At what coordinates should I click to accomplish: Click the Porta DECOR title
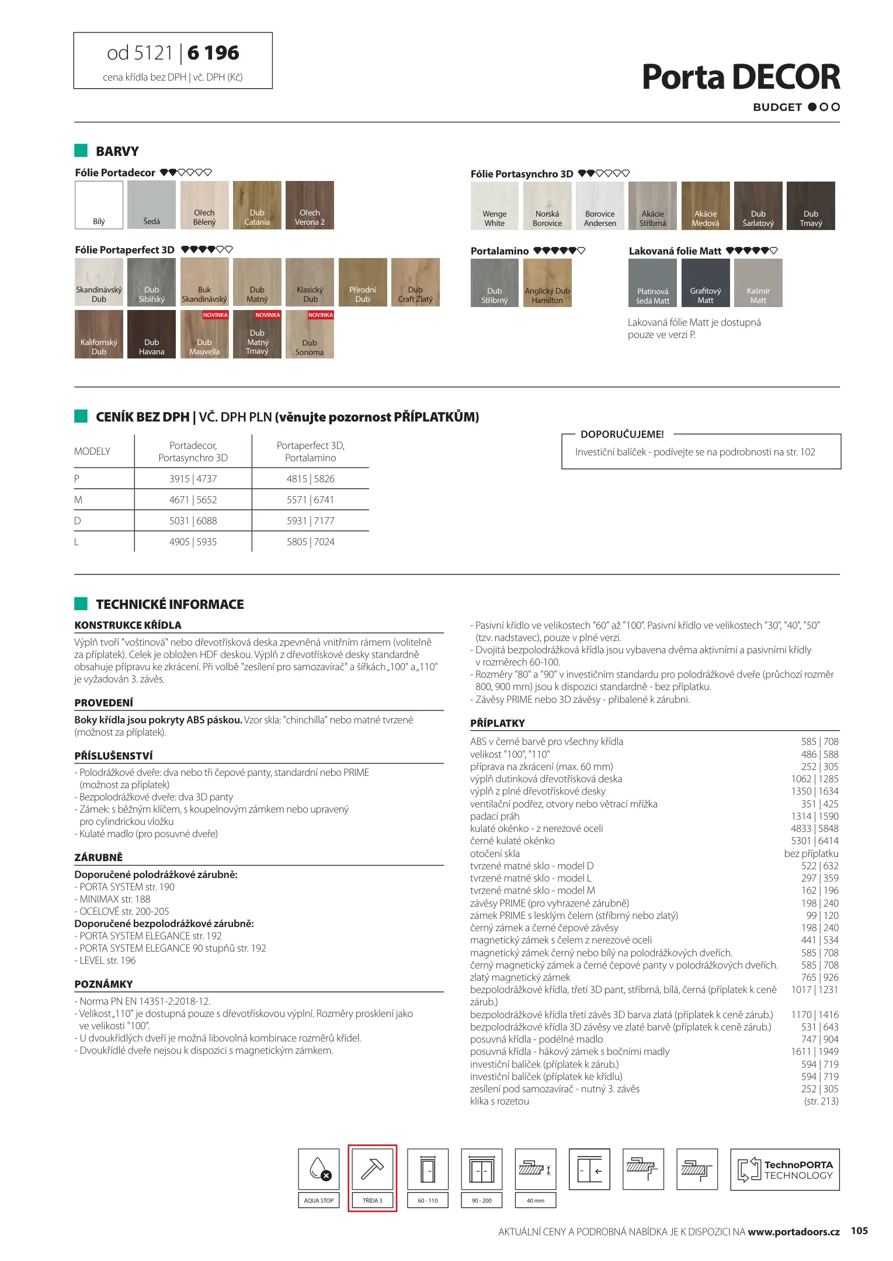click(x=740, y=77)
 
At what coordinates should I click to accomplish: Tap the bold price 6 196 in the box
click(x=213, y=53)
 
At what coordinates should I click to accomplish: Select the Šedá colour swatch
click(x=151, y=204)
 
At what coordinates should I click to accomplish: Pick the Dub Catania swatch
click(x=257, y=204)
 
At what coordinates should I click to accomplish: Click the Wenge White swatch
click(x=494, y=205)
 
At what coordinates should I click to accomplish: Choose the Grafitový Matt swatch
click(x=705, y=283)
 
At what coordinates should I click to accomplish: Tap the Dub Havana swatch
click(x=151, y=334)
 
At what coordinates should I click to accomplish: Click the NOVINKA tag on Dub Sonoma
click(x=321, y=315)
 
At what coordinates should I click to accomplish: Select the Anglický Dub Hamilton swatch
click(x=547, y=283)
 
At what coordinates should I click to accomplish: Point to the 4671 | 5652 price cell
click(x=193, y=500)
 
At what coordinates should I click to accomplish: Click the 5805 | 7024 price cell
click(x=310, y=542)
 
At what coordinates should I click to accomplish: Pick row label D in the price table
click(x=78, y=521)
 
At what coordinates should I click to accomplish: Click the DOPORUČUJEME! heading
click(x=622, y=434)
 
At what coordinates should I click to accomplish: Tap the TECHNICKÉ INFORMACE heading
click(x=169, y=604)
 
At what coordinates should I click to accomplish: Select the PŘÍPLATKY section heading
click(x=498, y=723)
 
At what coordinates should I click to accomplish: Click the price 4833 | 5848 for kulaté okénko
click(x=814, y=828)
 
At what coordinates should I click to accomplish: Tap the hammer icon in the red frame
click(x=372, y=1169)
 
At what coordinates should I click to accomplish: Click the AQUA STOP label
click(x=319, y=1200)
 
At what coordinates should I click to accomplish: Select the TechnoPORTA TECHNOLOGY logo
click(x=784, y=1169)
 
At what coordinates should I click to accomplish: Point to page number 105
click(x=859, y=1231)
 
